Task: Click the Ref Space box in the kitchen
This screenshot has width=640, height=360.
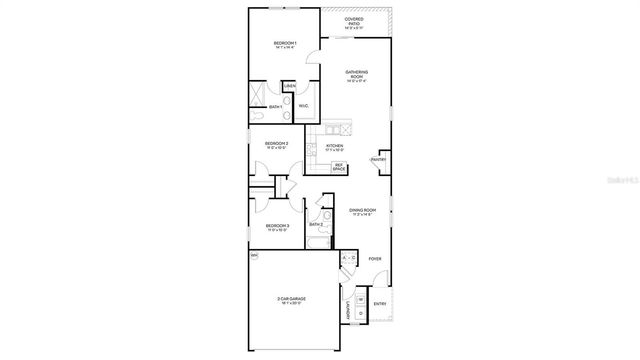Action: point(339,166)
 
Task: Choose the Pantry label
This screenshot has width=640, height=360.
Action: point(379,159)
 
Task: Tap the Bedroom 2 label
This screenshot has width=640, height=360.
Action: point(277,144)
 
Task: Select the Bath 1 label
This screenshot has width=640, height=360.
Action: point(275,106)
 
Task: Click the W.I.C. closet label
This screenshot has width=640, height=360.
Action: point(303,104)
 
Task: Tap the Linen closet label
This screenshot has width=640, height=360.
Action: point(288,87)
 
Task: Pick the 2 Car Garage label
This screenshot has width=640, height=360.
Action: point(292,299)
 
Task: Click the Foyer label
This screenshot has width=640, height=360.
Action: point(375,259)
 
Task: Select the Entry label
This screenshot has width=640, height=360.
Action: point(379,303)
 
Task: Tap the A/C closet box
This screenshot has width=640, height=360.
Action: point(349,259)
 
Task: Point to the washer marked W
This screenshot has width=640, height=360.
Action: point(360,299)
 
